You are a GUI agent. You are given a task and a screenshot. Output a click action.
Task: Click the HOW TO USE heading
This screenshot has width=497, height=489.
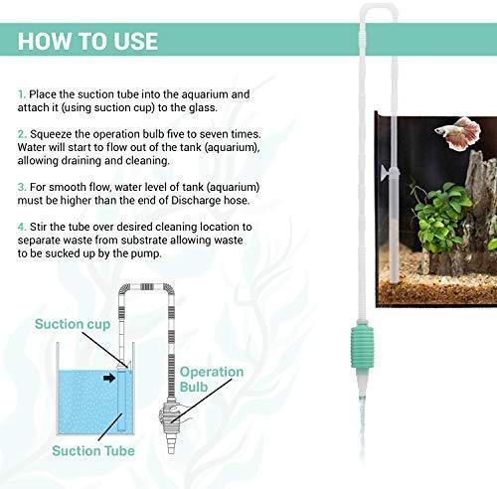(87, 41)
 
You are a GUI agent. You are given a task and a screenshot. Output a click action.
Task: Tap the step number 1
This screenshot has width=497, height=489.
(22, 94)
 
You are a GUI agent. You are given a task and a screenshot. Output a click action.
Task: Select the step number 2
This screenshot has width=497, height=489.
(22, 134)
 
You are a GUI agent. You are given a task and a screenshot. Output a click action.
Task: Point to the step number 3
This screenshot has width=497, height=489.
(22, 187)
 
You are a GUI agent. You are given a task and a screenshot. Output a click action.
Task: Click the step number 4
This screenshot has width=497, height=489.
(22, 227)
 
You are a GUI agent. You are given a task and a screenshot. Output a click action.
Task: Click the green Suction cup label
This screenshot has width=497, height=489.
(73, 324)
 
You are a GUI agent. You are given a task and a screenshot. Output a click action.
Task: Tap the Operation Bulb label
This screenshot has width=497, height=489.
(212, 379)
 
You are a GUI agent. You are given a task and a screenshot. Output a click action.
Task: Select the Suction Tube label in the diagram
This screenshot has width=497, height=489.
(93, 451)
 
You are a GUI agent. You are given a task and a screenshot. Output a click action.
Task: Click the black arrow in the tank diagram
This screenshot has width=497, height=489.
(109, 378)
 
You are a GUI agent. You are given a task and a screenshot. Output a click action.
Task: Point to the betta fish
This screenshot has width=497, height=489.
(459, 132)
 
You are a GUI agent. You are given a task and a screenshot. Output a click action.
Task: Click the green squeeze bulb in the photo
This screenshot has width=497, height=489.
(362, 347)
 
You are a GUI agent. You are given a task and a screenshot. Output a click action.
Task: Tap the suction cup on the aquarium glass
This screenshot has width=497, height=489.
(386, 170)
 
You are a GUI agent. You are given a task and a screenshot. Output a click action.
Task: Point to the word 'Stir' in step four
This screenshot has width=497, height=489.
(38, 227)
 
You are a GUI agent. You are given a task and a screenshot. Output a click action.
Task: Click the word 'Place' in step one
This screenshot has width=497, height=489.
(43, 94)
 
